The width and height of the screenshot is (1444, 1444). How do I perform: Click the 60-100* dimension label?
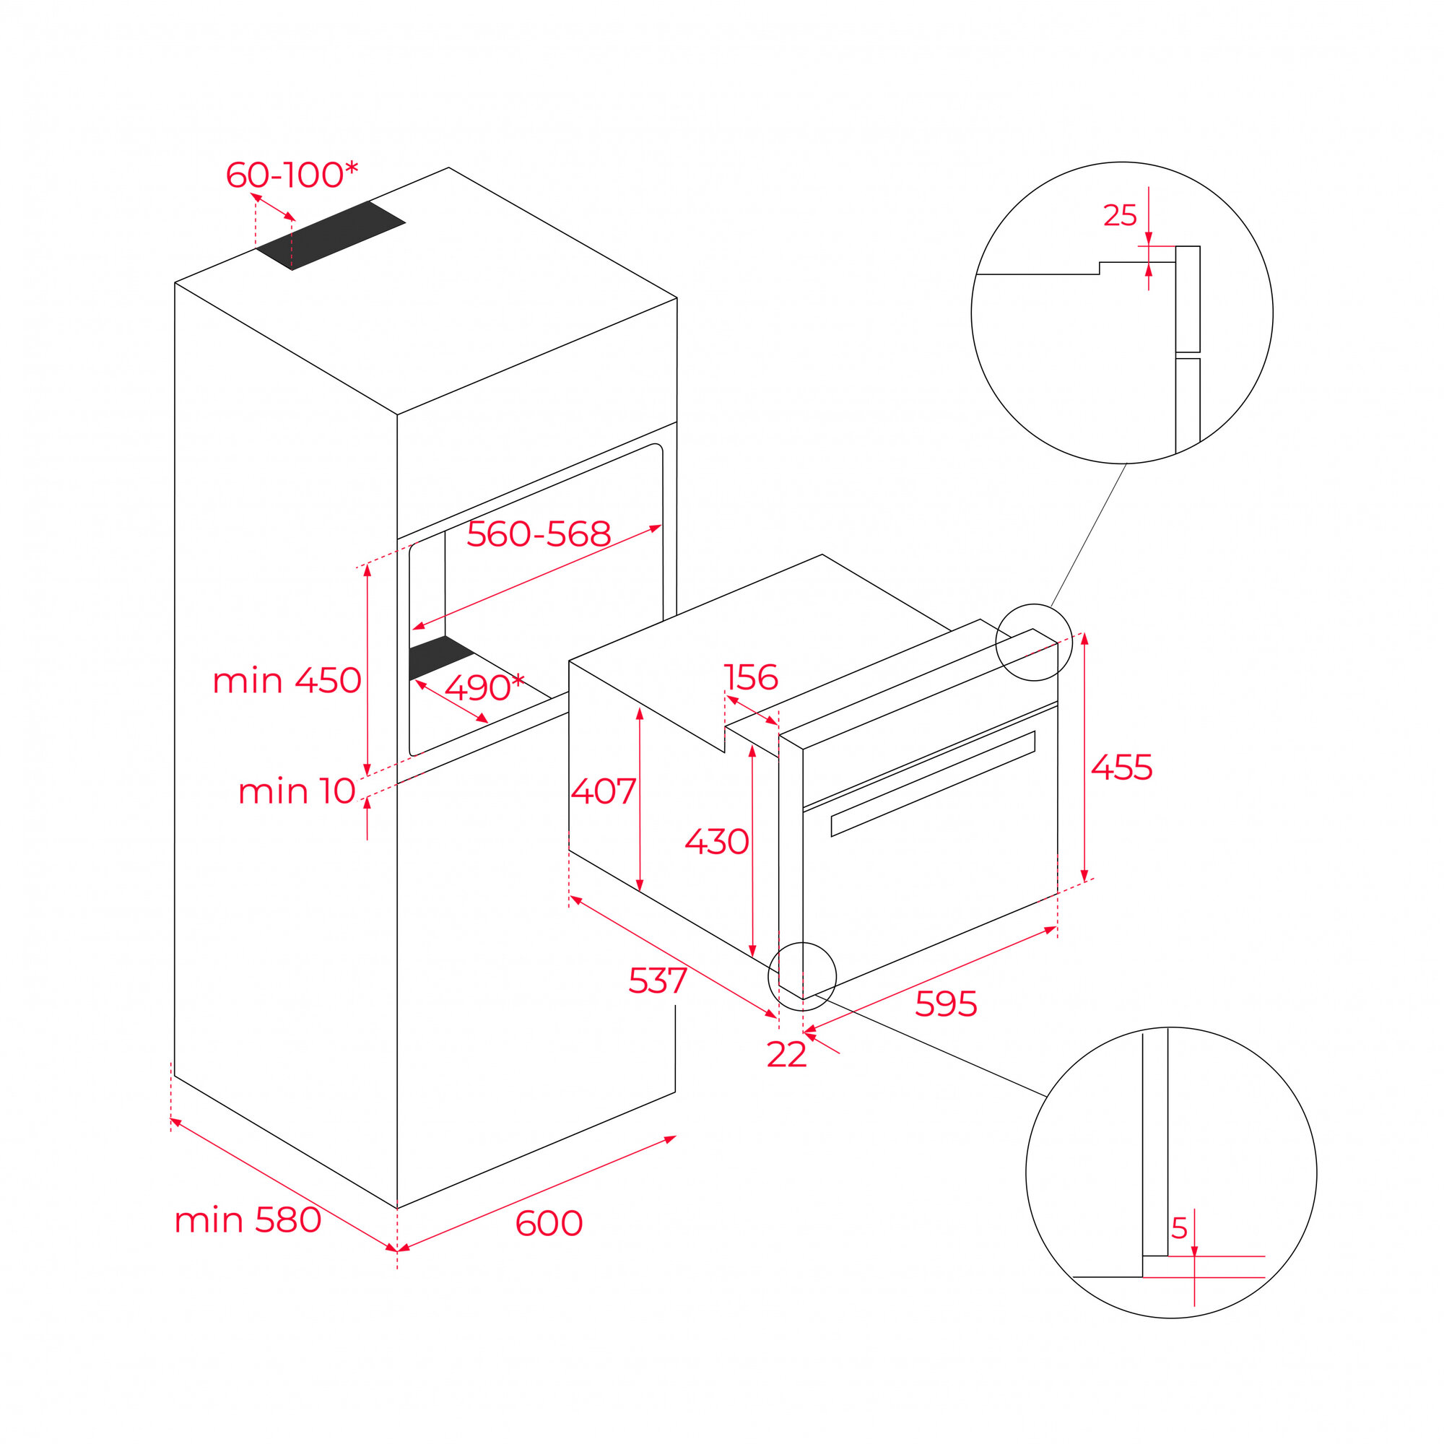click(x=292, y=175)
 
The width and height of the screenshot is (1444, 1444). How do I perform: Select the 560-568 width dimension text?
click(x=538, y=534)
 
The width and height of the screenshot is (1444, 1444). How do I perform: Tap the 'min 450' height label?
click(x=287, y=681)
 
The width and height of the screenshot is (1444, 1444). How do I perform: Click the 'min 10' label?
click(x=297, y=791)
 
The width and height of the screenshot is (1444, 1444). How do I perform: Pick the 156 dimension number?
click(x=751, y=677)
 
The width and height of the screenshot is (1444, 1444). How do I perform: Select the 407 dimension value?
click(x=603, y=791)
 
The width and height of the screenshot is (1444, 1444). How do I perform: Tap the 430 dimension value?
click(x=717, y=842)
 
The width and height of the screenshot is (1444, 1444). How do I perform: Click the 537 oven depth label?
click(x=658, y=980)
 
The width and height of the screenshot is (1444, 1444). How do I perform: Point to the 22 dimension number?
click(x=786, y=1055)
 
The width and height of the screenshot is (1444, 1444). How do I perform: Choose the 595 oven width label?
click(x=946, y=1004)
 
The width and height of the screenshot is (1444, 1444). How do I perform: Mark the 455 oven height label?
click(x=1121, y=767)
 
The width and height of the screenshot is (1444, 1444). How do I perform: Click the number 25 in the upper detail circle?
click(x=1120, y=215)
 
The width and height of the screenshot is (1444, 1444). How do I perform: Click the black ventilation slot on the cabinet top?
click(x=331, y=235)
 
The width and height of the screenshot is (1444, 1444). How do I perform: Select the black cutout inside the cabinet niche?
click(x=440, y=656)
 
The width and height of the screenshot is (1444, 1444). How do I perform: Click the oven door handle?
click(x=933, y=783)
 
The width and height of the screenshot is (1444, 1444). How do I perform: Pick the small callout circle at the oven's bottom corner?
click(x=802, y=975)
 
